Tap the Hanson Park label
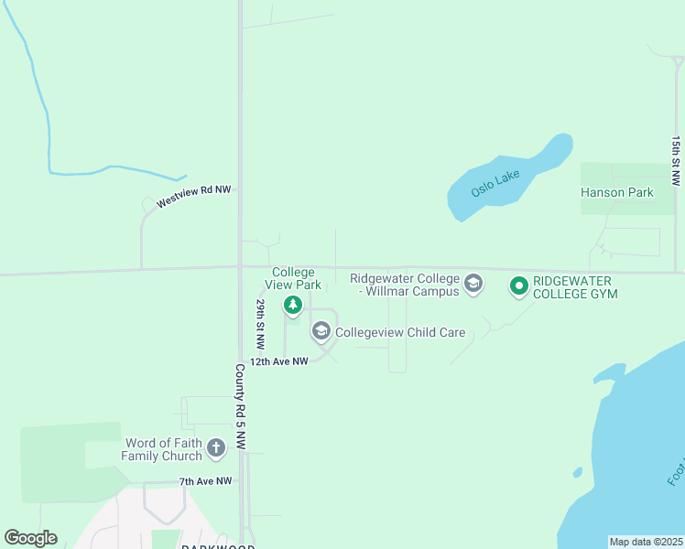pyautogui.click(x=617, y=192)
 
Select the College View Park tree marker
pyautogui.click(x=293, y=306)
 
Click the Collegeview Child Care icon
pyautogui.click(x=321, y=331)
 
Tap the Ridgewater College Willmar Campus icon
pyautogui.click(x=473, y=282)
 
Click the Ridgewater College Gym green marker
pyautogui.click(x=518, y=286)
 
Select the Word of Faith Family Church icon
pyautogui.click(x=216, y=447)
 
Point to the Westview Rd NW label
pyautogui.click(x=194, y=196)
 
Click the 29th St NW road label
pyautogui.click(x=261, y=324)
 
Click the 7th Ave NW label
pyautogui.click(x=206, y=481)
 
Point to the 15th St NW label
pyautogui.click(x=676, y=162)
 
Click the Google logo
pyautogui.click(x=30, y=538)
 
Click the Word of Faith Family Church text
pyautogui.click(x=163, y=449)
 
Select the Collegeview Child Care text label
pyautogui.click(x=400, y=332)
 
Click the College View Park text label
pyautogui.click(x=293, y=278)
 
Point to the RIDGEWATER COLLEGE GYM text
pyautogui.click(x=575, y=287)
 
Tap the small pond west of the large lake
pyautogui.click(x=577, y=472)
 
